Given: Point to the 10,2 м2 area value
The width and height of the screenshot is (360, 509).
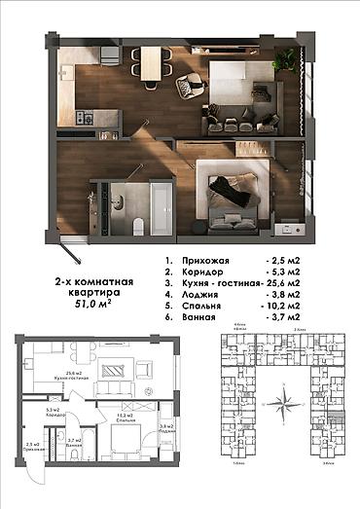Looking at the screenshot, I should [x=292, y=306].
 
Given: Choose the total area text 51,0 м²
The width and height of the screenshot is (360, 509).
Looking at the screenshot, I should [x=93, y=305].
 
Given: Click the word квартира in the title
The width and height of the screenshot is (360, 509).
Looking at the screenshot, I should [x=93, y=291].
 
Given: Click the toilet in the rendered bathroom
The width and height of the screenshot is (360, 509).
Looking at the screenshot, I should [x=139, y=225].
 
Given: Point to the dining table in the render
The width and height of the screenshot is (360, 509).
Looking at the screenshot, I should [x=153, y=65].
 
